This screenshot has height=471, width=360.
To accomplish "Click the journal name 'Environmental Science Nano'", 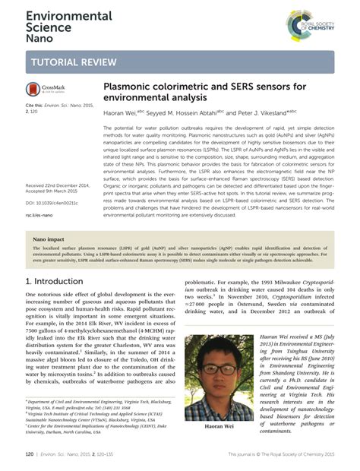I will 58,24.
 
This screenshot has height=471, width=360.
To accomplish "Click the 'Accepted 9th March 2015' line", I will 53,191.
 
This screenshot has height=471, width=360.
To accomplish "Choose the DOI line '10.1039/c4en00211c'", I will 52,204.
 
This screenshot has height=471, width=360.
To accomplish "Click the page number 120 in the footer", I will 30,454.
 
